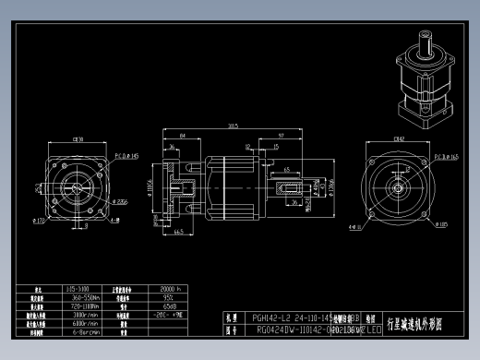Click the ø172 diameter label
pyautogui.click(x=39, y=222)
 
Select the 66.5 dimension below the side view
pyautogui.click(x=176, y=233)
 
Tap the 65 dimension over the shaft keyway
pyautogui.click(x=287, y=170)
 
